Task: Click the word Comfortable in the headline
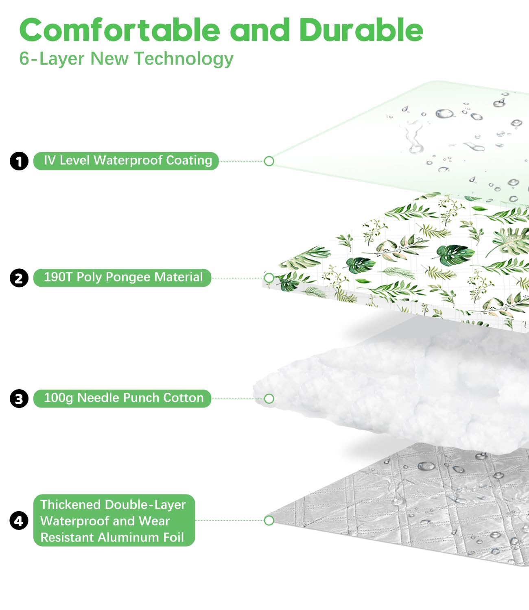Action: (x=120, y=30)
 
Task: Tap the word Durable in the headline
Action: (x=361, y=30)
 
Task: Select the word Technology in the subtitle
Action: (x=184, y=59)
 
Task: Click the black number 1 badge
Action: (x=19, y=161)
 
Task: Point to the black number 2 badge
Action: (x=19, y=278)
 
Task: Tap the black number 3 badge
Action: (x=19, y=399)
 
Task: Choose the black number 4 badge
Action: (x=19, y=521)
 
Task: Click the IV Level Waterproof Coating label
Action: (x=126, y=161)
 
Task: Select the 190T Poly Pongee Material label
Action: (x=122, y=278)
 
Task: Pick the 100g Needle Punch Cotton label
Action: (x=122, y=399)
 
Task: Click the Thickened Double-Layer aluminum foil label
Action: (x=114, y=521)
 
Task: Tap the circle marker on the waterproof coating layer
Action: (x=269, y=161)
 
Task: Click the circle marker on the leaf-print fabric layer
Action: (x=269, y=278)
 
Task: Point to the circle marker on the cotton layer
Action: (x=269, y=399)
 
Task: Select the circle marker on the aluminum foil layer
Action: (x=269, y=521)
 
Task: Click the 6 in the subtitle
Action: (x=24, y=59)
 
